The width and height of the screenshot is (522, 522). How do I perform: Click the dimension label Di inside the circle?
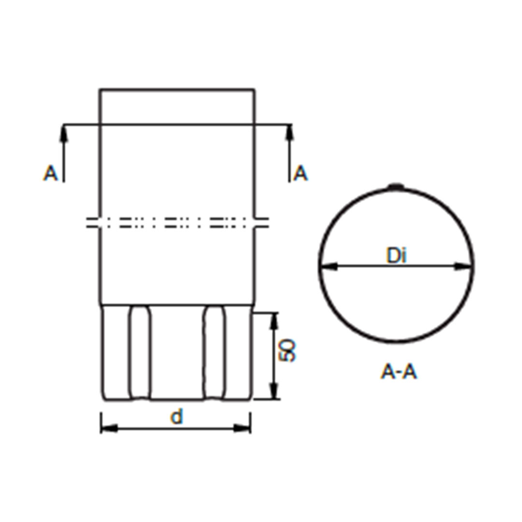pyautogui.click(x=396, y=255)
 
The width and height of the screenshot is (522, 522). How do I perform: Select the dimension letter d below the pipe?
pyautogui.click(x=177, y=417)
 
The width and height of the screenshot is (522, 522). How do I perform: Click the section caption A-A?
pyautogui.click(x=398, y=372)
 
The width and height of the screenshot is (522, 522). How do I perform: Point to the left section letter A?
pyautogui.click(x=50, y=173)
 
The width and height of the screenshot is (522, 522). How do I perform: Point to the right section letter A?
pyautogui.click(x=301, y=173)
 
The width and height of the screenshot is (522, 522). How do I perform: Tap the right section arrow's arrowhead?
pyautogui.click(x=290, y=133)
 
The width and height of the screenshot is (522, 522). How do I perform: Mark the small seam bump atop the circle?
pyautogui.click(x=396, y=186)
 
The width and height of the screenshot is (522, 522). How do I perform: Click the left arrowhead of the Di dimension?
pyautogui.click(x=329, y=266)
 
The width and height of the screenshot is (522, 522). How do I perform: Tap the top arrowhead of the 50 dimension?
pyautogui.click(x=274, y=320)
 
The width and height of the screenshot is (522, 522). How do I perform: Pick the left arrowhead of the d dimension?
pyautogui.click(x=109, y=428)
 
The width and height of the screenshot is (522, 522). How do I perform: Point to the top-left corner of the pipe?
pyautogui.click(x=100, y=89)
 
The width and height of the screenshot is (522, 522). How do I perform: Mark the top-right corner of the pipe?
pyautogui.click(x=255, y=89)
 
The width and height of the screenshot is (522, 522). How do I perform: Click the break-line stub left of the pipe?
pyautogui.click(x=93, y=222)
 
